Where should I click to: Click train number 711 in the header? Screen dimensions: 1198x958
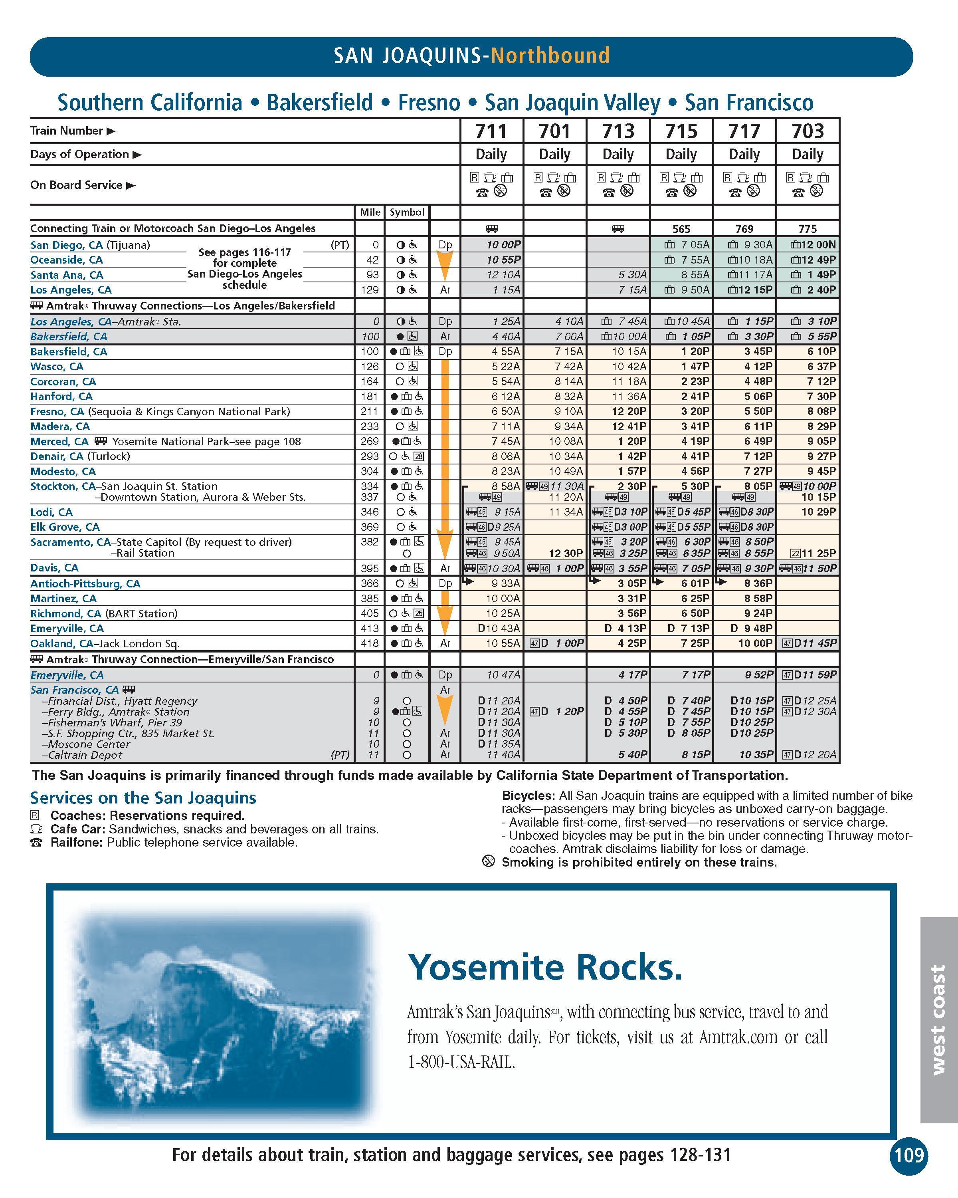point(491,131)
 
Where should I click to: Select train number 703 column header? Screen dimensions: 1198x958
point(808,131)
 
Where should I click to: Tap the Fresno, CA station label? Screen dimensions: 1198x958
point(57,412)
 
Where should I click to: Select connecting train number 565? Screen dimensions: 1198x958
point(681,229)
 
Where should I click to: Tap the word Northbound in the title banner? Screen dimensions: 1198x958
point(550,56)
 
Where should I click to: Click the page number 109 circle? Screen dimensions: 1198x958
point(909,1155)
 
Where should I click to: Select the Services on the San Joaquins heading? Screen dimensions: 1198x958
point(143,798)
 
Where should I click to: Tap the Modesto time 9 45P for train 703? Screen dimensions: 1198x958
point(818,472)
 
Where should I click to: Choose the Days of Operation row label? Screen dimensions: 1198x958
point(79,155)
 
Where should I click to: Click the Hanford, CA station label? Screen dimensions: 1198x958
point(61,397)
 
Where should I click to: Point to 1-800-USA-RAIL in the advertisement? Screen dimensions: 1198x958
point(461,1062)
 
